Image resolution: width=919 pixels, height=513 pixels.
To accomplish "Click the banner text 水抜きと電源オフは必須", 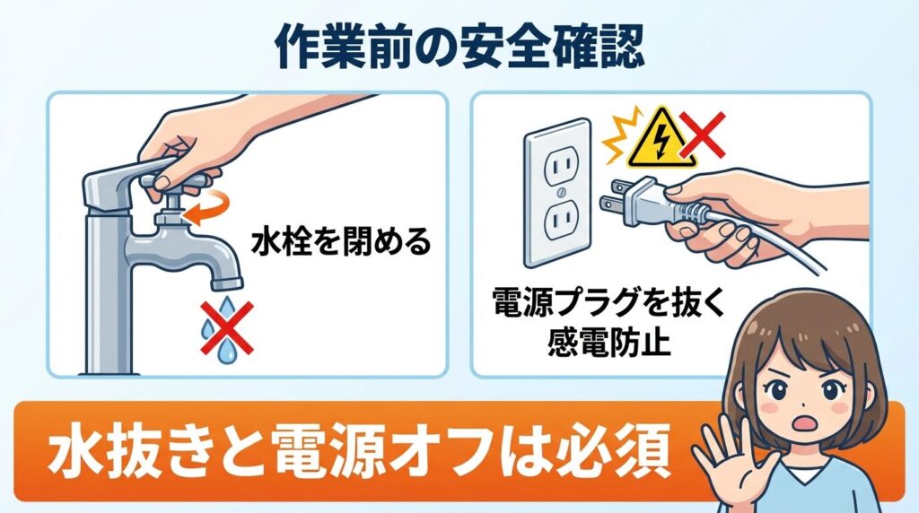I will pyautogui.click(x=358, y=457).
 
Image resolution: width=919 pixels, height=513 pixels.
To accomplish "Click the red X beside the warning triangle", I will pyautogui.click(x=703, y=134).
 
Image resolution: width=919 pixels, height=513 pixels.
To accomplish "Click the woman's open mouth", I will pyautogui.click(x=801, y=422).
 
